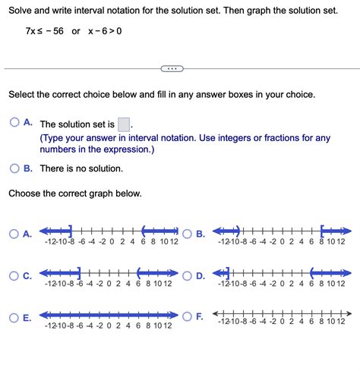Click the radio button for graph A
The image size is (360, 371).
pos(14,234)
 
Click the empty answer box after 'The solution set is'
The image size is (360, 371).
pos(125,124)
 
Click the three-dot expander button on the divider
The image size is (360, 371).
pos(172,69)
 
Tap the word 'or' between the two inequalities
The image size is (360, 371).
pos(76,31)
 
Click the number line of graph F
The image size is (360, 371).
pos(281,313)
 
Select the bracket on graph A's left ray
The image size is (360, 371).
pos(71,230)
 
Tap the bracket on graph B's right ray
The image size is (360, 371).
pos(322,230)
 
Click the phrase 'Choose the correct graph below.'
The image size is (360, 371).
pos(74,193)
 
